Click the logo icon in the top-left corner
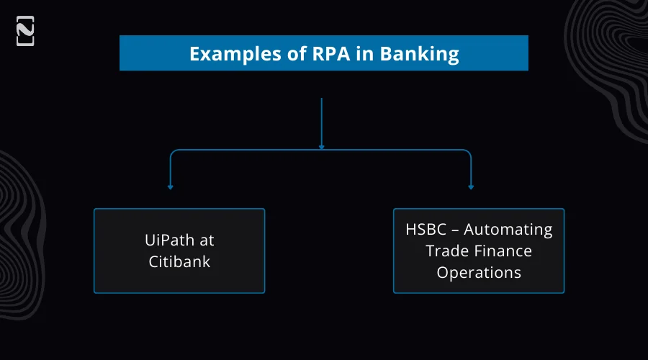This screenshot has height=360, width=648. [x=25, y=31]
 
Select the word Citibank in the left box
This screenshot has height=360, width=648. [x=179, y=261]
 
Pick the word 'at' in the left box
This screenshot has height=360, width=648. [x=206, y=240]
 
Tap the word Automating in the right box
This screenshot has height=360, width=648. [x=508, y=230]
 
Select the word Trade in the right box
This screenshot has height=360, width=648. [x=446, y=251]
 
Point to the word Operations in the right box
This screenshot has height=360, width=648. [x=479, y=273]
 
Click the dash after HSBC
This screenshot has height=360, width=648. [x=456, y=230]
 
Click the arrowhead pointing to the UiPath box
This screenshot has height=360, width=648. [x=171, y=187]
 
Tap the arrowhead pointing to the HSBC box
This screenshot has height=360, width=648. [x=471, y=187]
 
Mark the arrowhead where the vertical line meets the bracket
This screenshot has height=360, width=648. [x=321, y=147]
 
